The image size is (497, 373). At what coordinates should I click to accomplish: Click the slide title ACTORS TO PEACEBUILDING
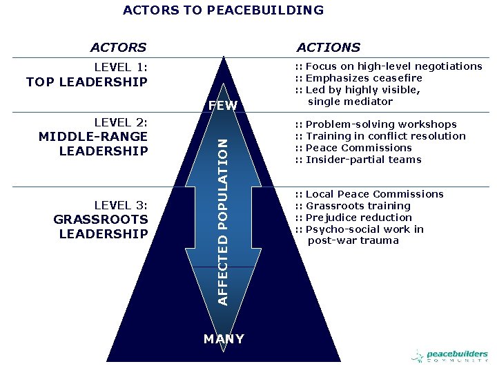223,10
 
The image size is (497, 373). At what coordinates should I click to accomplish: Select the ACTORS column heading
119,48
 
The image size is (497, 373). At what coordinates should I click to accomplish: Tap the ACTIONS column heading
329,48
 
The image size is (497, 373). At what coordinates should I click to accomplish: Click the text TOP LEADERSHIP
87,82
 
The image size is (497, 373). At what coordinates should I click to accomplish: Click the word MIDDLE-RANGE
93,136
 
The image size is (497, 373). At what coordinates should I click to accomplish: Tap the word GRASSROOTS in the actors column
101,219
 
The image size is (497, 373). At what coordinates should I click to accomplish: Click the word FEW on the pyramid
222,106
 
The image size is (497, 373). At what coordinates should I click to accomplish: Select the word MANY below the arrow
224,339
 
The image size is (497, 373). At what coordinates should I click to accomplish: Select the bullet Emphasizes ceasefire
364,78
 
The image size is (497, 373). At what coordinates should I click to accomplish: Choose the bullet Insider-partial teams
363,160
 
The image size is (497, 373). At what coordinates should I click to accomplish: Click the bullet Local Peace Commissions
374,194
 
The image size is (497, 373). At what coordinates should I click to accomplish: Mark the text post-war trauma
353,241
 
